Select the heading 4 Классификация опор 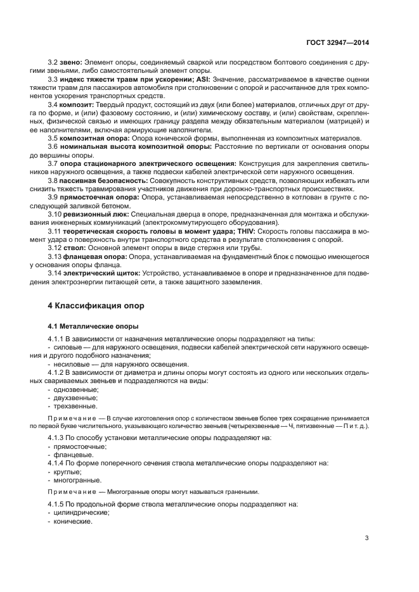pos(96,305)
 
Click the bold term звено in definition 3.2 pos(71,64)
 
